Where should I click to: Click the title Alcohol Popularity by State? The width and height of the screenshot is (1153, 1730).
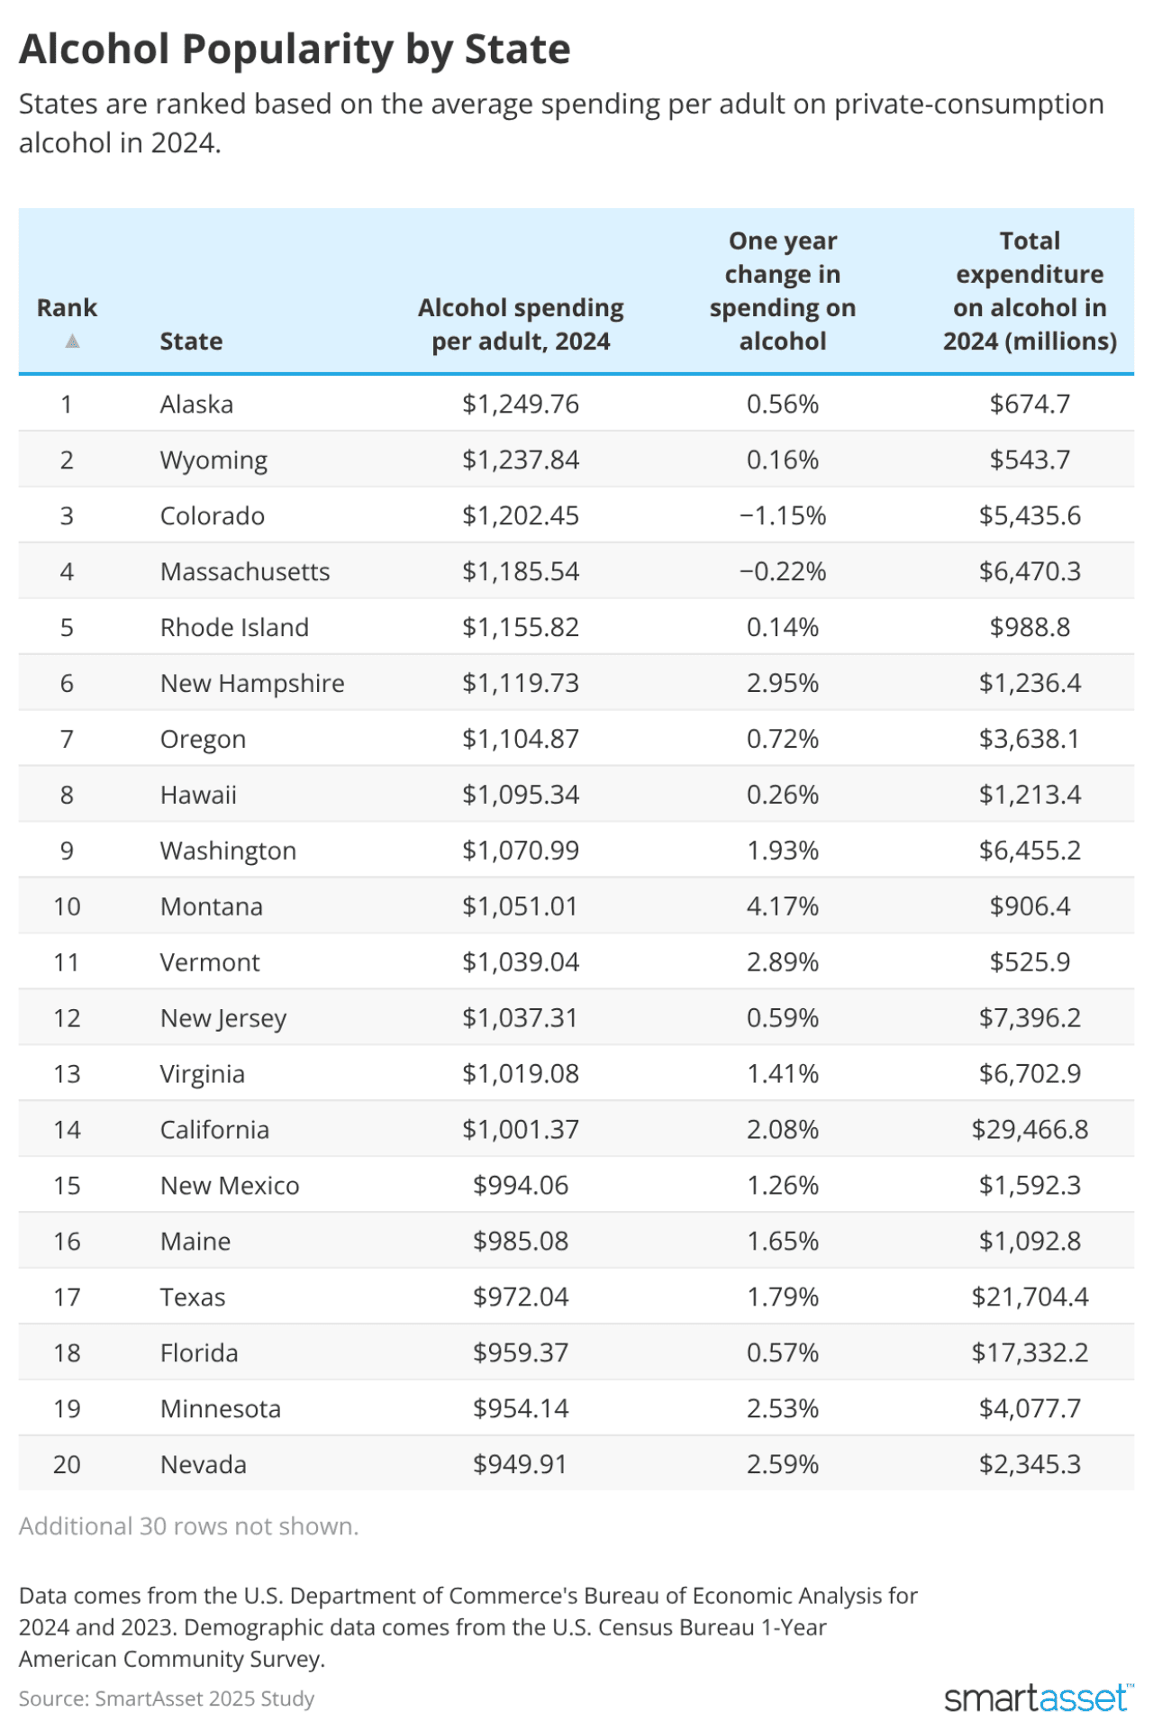(295, 50)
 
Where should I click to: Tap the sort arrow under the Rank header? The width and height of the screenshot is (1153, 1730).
(72, 341)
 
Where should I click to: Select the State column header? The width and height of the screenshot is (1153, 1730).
(191, 341)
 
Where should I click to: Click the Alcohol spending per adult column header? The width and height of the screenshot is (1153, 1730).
(521, 324)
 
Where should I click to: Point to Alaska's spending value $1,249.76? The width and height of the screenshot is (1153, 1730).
(521, 404)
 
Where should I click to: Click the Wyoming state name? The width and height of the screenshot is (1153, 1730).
(213, 460)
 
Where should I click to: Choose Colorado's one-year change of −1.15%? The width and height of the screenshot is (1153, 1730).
(782, 516)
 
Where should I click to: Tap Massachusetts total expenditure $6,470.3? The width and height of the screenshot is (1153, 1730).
(1030, 572)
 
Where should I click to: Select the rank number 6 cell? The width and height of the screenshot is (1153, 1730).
(67, 684)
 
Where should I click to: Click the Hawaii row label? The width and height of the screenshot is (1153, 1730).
(198, 796)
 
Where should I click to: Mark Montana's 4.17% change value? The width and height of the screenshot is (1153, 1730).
(782, 906)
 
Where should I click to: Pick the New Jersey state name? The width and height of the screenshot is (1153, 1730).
(222, 1018)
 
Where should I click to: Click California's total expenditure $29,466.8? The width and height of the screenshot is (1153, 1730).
(1030, 1130)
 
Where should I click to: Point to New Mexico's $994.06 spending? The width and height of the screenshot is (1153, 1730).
(521, 1186)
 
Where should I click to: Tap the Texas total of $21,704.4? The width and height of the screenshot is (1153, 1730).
(1030, 1297)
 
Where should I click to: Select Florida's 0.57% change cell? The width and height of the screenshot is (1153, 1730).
(782, 1353)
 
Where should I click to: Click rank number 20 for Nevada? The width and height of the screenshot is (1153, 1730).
(67, 1465)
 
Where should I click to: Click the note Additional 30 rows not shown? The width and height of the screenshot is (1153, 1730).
(188, 1526)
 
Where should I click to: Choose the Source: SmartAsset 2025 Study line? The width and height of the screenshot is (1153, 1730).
(167, 1699)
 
